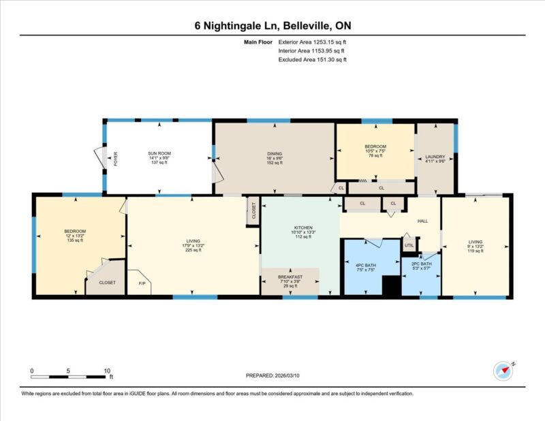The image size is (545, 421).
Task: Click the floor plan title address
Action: click(272, 26)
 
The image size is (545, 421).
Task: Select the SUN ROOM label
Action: click(159, 153)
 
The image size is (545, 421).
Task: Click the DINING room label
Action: click(275, 154)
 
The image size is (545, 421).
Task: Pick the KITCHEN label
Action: click(303, 228)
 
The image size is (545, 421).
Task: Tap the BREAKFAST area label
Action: click(290, 277)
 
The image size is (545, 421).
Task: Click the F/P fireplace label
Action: click(142, 283)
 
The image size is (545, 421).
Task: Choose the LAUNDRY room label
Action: click(435, 157)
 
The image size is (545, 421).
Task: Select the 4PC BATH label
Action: click(366, 265)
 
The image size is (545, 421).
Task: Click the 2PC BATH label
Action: click(421, 264)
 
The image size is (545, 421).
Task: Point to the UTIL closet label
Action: click(409, 245)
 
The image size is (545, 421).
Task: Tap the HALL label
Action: click(422, 221)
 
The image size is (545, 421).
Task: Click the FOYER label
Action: click(116, 159)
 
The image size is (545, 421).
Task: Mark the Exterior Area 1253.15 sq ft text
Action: click(312, 42)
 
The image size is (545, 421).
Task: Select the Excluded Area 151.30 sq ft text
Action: click(313, 59)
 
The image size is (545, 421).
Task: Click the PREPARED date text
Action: click(272, 375)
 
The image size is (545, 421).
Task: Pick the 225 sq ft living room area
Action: click(193, 250)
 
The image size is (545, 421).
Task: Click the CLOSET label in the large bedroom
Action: click(107, 283)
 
